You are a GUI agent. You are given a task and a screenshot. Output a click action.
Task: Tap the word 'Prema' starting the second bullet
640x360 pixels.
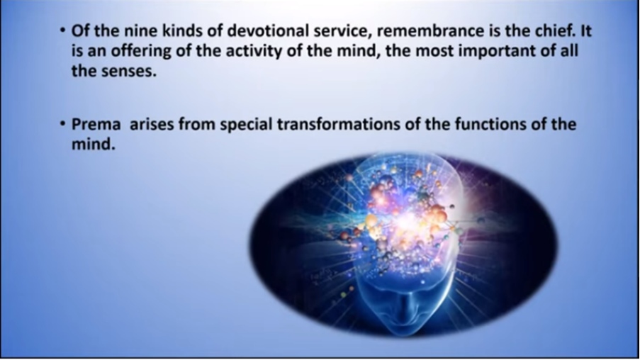coord(96,124)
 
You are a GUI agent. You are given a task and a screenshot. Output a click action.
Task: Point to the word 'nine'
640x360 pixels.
coord(139,31)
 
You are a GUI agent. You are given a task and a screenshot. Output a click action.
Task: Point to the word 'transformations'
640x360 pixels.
coord(339,124)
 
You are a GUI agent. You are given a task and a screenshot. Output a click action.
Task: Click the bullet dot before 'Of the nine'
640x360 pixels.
coord(62,30)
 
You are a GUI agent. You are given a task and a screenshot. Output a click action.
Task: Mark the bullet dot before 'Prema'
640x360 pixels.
coord(62,124)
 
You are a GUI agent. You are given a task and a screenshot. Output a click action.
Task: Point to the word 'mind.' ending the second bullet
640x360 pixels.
coord(94,144)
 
